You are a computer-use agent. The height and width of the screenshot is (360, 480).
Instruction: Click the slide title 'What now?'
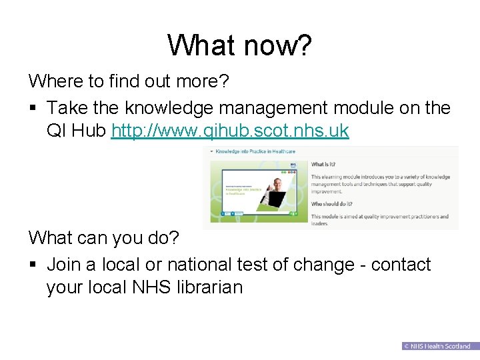coord(239,45)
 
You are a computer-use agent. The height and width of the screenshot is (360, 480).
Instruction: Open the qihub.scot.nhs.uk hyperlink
coord(230,130)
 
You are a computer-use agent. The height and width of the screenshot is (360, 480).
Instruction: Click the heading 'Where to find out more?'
coord(129,82)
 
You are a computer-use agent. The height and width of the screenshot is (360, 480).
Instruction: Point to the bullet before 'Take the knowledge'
coord(33,108)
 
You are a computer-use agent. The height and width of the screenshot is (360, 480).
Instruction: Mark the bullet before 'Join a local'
coord(33,265)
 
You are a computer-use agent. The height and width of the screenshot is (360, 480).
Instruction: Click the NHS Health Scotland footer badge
coord(437,346)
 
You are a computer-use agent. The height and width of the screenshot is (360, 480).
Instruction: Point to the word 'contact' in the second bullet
coord(401,265)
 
